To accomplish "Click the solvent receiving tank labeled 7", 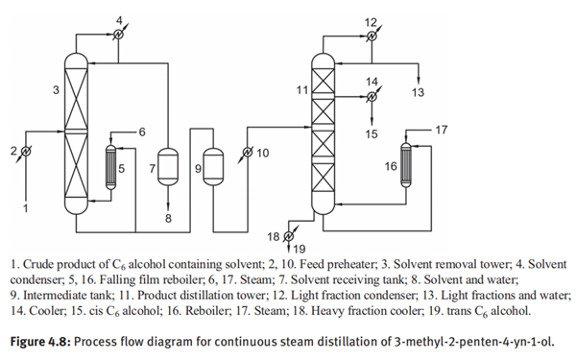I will click(x=169, y=168).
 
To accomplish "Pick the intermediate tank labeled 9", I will click(x=212, y=169).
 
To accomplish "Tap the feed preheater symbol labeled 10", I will click(x=247, y=153).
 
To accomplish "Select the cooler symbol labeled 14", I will click(x=372, y=95).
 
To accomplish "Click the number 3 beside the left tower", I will click(x=56, y=90).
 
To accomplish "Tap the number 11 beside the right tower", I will click(x=301, y=90).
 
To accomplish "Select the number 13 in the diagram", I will click(x=418, y=92).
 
